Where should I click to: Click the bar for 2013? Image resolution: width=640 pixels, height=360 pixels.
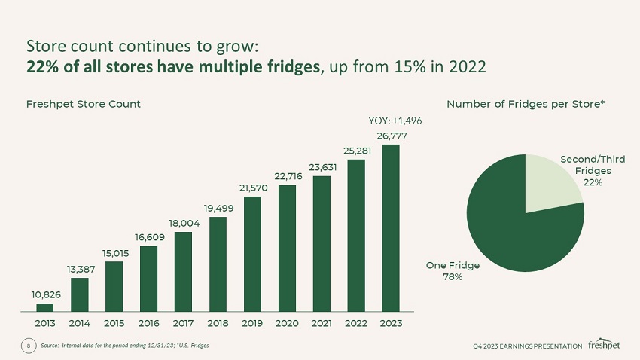click(45, 307)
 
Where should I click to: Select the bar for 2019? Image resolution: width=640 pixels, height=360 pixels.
click(252, 254)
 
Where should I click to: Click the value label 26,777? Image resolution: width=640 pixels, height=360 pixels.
click(390, 136)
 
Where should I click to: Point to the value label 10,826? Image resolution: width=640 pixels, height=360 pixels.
click(45, 294)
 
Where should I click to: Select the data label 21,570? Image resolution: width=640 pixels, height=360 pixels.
click(253, 188)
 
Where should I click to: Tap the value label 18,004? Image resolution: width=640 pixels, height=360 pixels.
click(184, 223)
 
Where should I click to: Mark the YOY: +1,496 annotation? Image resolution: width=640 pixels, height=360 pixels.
click(395, 121)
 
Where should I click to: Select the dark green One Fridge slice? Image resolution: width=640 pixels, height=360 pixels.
click(512, 226)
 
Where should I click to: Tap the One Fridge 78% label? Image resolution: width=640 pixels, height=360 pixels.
click(453, 270)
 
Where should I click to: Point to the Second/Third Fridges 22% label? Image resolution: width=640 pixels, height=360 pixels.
click(593, 171)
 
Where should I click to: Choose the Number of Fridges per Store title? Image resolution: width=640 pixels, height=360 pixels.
click(526, 103)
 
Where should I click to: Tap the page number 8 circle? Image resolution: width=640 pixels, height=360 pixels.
click(28, 345)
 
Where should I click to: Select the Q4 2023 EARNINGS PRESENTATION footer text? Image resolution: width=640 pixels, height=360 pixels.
click(527, 346)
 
